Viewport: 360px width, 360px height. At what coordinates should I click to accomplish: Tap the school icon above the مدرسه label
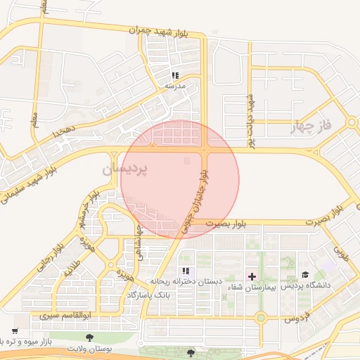coord(175,75)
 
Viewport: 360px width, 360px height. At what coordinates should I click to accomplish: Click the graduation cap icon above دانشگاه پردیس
coord(305,275)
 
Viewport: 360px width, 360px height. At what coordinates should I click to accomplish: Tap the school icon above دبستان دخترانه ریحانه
coord(186,271)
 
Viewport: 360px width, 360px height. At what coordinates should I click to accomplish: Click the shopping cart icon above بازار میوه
coord(15,330)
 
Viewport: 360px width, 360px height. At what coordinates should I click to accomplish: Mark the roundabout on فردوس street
coord(260,318)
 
